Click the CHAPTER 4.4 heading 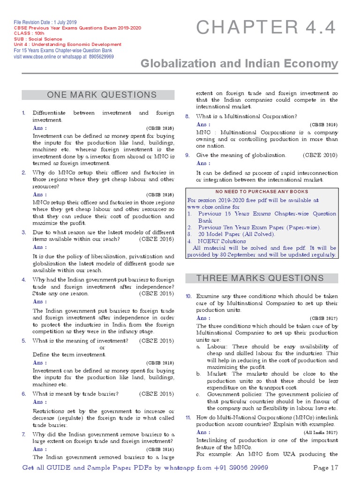pos(266,28)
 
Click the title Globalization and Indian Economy pos(240,64)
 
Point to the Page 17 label pos(325,468)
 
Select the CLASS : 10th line pos(30,34)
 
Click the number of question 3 pos(23,232)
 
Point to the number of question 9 pos(187,155)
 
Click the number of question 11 pos(187,417)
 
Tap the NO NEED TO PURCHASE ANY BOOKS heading pos(262,192)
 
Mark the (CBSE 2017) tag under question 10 pos(323,318)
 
